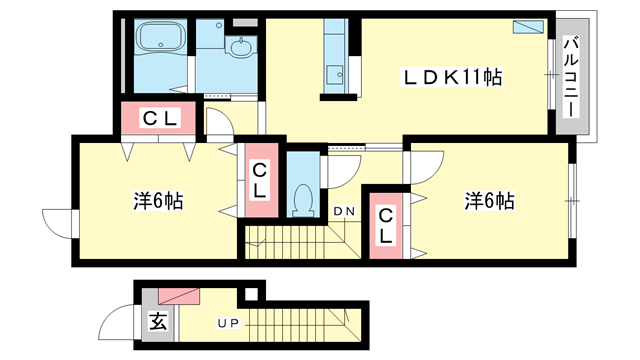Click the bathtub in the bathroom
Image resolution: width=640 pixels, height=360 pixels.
(160, 39)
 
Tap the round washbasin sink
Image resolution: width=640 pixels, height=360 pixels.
(241, 47)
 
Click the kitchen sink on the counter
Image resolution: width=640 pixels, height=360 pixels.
(334, 72)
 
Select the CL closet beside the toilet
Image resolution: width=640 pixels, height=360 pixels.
(259, 180)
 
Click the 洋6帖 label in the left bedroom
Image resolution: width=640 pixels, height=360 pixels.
(157, 200)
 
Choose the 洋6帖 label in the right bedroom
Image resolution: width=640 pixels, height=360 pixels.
(489, 200)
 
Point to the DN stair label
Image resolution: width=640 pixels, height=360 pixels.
(344, 211)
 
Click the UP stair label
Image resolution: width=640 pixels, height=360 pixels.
(229, 323)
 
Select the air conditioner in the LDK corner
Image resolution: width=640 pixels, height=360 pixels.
(527, 27)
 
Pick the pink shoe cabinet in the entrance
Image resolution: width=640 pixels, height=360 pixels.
(178, 294)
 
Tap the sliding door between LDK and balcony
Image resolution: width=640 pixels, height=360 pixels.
(550, 75)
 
